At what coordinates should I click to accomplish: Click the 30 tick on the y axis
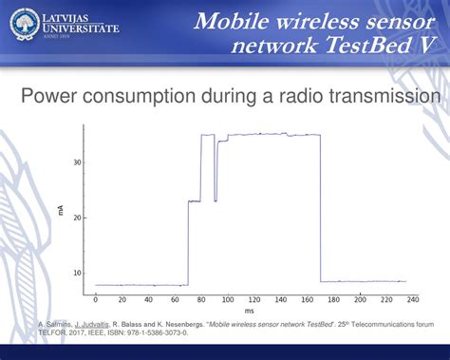[x=77, y=162]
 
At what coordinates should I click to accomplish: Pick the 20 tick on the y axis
[x=77, y=218]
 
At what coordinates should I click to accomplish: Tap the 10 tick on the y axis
[x=77, y=273]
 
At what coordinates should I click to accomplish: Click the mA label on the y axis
[x=62, y=210]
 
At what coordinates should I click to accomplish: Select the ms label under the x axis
[x=249, y=311]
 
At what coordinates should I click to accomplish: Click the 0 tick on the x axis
[x=95, y=300]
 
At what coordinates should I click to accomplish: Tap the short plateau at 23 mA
[x=194, y=201]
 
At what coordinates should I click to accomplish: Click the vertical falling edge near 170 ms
[x=320, y=209]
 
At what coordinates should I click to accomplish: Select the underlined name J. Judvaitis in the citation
[x=91, y=325]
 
